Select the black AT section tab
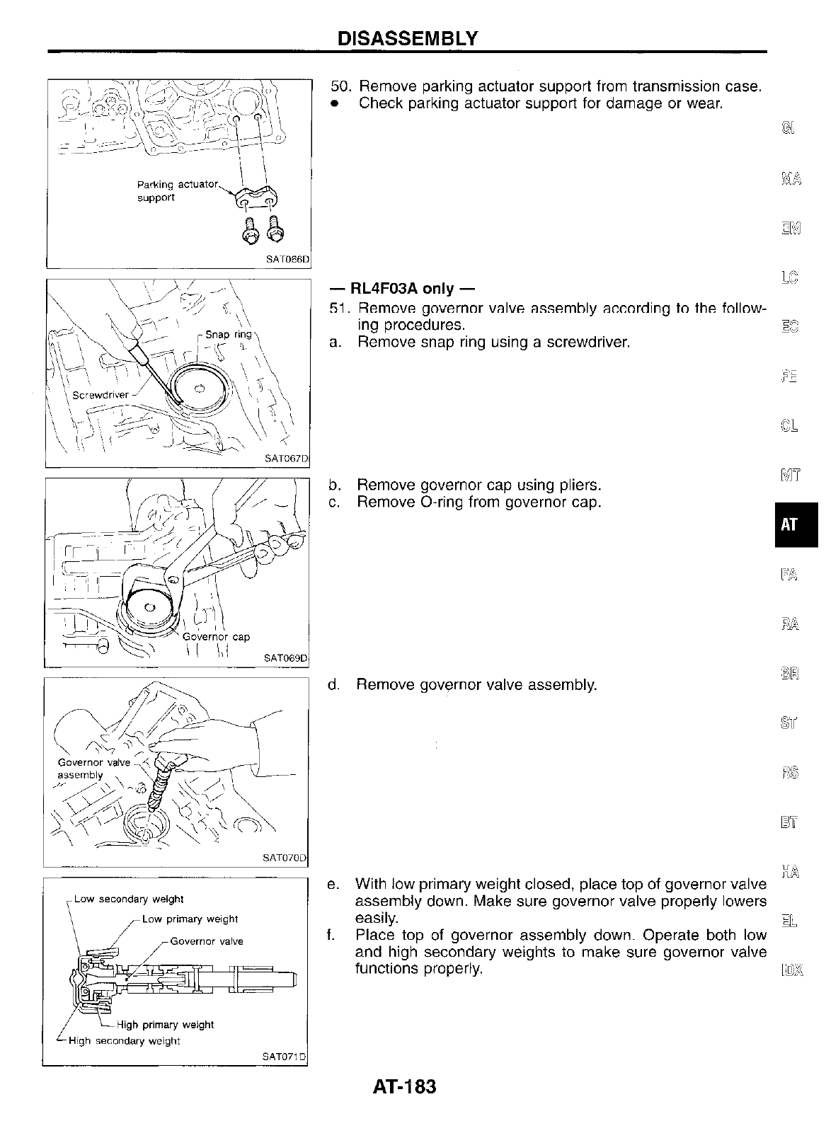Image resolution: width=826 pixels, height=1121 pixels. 790,524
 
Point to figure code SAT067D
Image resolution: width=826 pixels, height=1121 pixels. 287,459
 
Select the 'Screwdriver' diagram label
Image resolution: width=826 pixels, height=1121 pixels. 101,395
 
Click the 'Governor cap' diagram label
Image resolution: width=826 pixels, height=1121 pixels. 216,636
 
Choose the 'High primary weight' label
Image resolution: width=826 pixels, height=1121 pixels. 165,1024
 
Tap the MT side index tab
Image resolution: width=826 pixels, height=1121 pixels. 790,474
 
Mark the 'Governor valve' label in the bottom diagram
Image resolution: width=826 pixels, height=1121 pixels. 207,941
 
